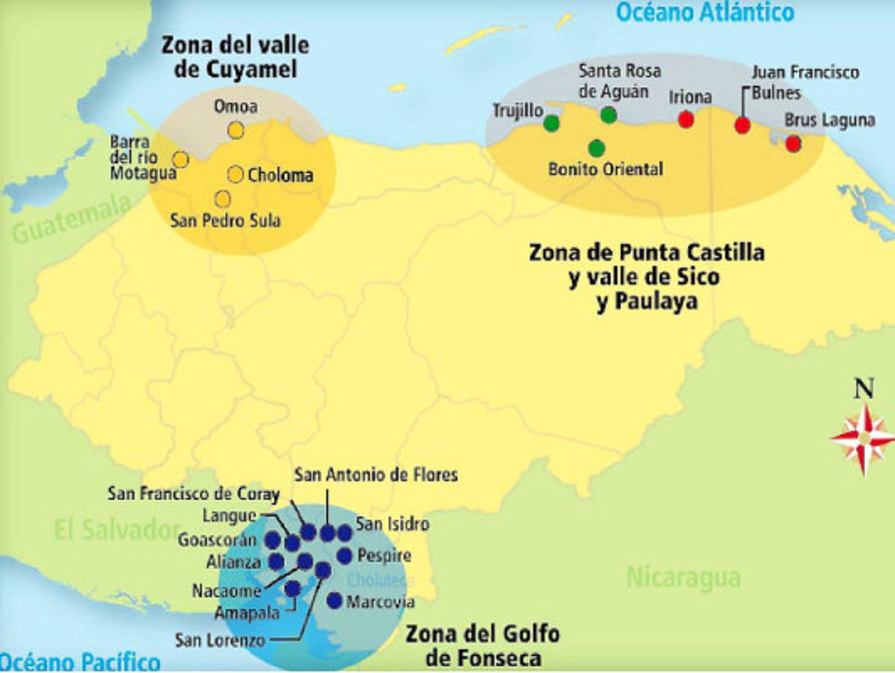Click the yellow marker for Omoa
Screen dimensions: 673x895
tap(236, 130)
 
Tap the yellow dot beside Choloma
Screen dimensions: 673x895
tap(236, 174)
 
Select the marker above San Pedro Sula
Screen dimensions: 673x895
tap(222, 199)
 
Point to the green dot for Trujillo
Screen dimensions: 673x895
tap(552, 123)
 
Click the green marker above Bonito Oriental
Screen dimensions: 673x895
tap(596, 148)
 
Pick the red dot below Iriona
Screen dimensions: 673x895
tap(686, 120)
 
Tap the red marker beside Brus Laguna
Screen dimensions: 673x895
tap(793, 144)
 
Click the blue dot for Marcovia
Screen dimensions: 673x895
tap(334, 600)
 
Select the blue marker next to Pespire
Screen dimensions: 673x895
tap(344, 556)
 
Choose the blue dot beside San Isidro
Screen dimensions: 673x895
tap(344, 532)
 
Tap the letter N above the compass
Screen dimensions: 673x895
tap(864, 389)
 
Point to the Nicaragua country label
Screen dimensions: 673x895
tap(683, 577)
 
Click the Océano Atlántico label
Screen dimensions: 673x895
tap(704, 13)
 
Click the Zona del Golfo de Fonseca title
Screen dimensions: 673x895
tap(482, 646)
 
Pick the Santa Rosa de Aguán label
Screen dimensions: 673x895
tap(621, 82)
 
